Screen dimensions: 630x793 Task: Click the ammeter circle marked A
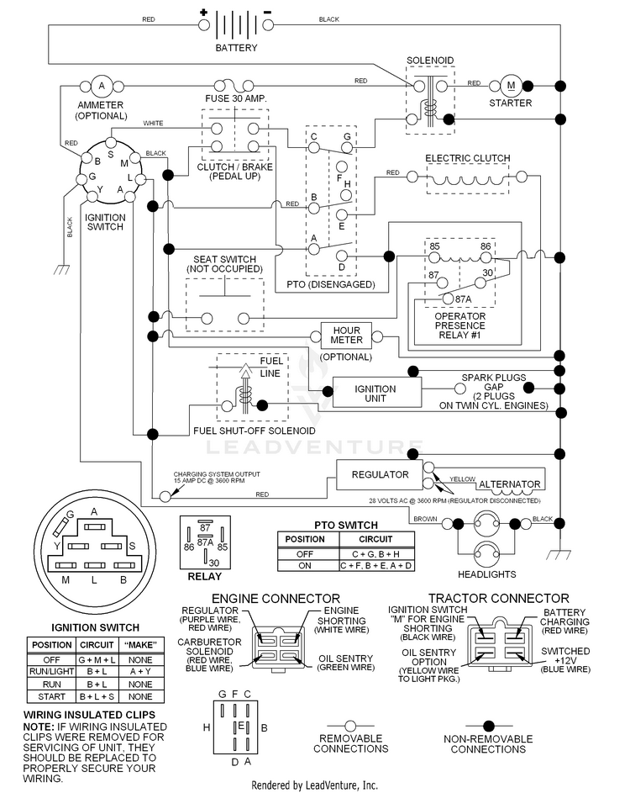102,86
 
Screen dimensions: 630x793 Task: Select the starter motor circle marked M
511,86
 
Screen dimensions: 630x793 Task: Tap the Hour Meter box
347,336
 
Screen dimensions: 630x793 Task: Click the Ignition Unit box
376,393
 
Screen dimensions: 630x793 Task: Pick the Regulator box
380,475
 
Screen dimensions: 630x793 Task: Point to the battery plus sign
203,12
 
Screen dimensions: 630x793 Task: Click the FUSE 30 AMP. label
235,98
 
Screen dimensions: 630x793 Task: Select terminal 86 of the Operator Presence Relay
486,258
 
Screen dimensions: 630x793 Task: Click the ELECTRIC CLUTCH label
468,158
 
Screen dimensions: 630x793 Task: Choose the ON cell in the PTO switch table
305,565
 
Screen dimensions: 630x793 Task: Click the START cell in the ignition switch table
51,696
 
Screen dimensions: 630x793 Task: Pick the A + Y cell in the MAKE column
140,672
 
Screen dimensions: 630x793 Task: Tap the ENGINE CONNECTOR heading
276,599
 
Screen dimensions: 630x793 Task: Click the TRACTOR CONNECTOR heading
499,599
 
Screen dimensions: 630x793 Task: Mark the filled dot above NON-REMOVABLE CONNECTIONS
488,727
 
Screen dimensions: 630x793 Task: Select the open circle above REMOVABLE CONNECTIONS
350,727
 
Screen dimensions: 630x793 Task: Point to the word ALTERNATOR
509,484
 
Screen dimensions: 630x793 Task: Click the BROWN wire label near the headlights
425,519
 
